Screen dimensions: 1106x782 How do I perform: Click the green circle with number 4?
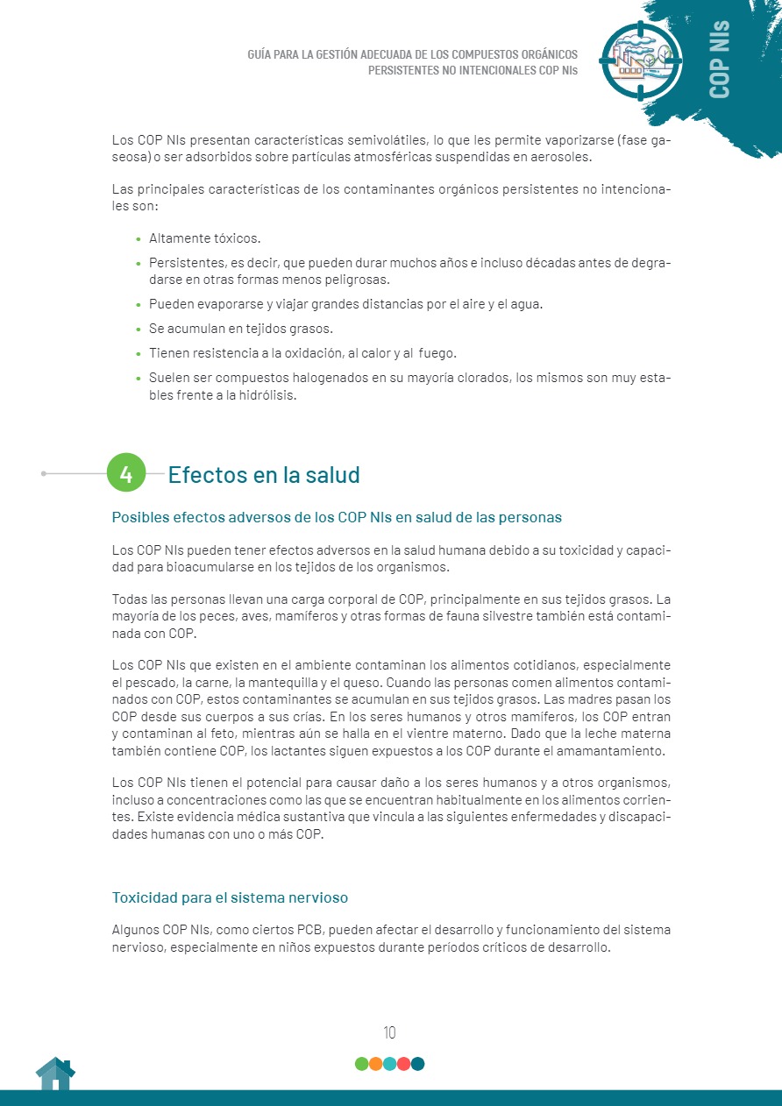coord(126,474)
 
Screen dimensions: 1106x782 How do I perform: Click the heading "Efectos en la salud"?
coord(264,475)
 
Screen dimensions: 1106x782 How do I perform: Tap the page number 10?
coord(390,1032)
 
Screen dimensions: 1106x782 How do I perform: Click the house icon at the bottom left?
coord(55,1074)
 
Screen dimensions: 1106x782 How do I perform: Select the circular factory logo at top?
coord(641,60)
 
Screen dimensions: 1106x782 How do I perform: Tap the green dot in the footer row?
coord(361,1064)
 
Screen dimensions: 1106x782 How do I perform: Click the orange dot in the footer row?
coord(375,1064)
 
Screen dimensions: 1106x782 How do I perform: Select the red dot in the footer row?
coord(403,1064)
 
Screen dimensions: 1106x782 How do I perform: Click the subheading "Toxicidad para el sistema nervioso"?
coord(231,897)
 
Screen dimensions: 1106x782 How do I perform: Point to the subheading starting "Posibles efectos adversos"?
coord(337,517)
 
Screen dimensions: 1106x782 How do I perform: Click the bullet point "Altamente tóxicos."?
coord(205,238)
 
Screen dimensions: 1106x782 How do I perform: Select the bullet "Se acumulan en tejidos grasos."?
coord(241,329)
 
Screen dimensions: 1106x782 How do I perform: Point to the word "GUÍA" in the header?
coord(263,54)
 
